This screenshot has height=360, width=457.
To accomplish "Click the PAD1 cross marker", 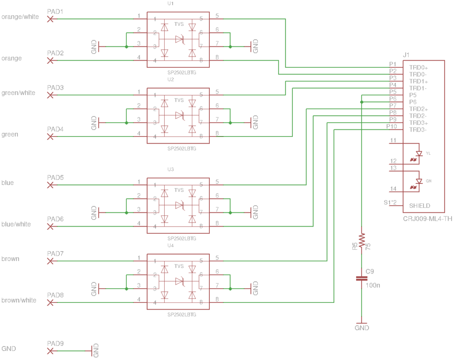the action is point(50,19).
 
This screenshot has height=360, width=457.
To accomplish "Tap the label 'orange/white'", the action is point(20,17).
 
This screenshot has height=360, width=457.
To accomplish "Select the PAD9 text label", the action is point(55,343).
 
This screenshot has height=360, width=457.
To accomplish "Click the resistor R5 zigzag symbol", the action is point(361,240).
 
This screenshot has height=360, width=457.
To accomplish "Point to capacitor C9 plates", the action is point(361,278).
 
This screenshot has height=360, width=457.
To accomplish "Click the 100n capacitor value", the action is point(373,285).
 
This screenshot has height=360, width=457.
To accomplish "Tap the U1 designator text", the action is point(170,4).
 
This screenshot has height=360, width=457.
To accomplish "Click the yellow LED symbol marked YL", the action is point(419,153).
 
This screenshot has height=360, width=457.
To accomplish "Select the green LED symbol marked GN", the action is point(419,181).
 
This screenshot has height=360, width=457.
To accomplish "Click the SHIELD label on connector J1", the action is point(420,206).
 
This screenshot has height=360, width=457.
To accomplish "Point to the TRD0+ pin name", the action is point(419,67).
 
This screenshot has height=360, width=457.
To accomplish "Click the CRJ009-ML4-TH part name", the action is point(428,219).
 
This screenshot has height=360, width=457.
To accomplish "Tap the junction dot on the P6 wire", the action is point(361,102).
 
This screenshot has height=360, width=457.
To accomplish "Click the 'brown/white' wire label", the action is point(19,300).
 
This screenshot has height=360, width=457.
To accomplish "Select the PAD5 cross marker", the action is point(50,185).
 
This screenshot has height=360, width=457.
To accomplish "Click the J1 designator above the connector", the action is point(406,55).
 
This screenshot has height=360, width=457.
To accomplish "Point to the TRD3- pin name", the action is point(418,130).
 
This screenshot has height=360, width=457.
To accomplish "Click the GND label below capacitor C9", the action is point(361,328).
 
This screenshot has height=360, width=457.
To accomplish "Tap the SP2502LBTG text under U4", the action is point(182,314).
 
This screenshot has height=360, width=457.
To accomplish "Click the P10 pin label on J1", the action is point(391,126).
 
